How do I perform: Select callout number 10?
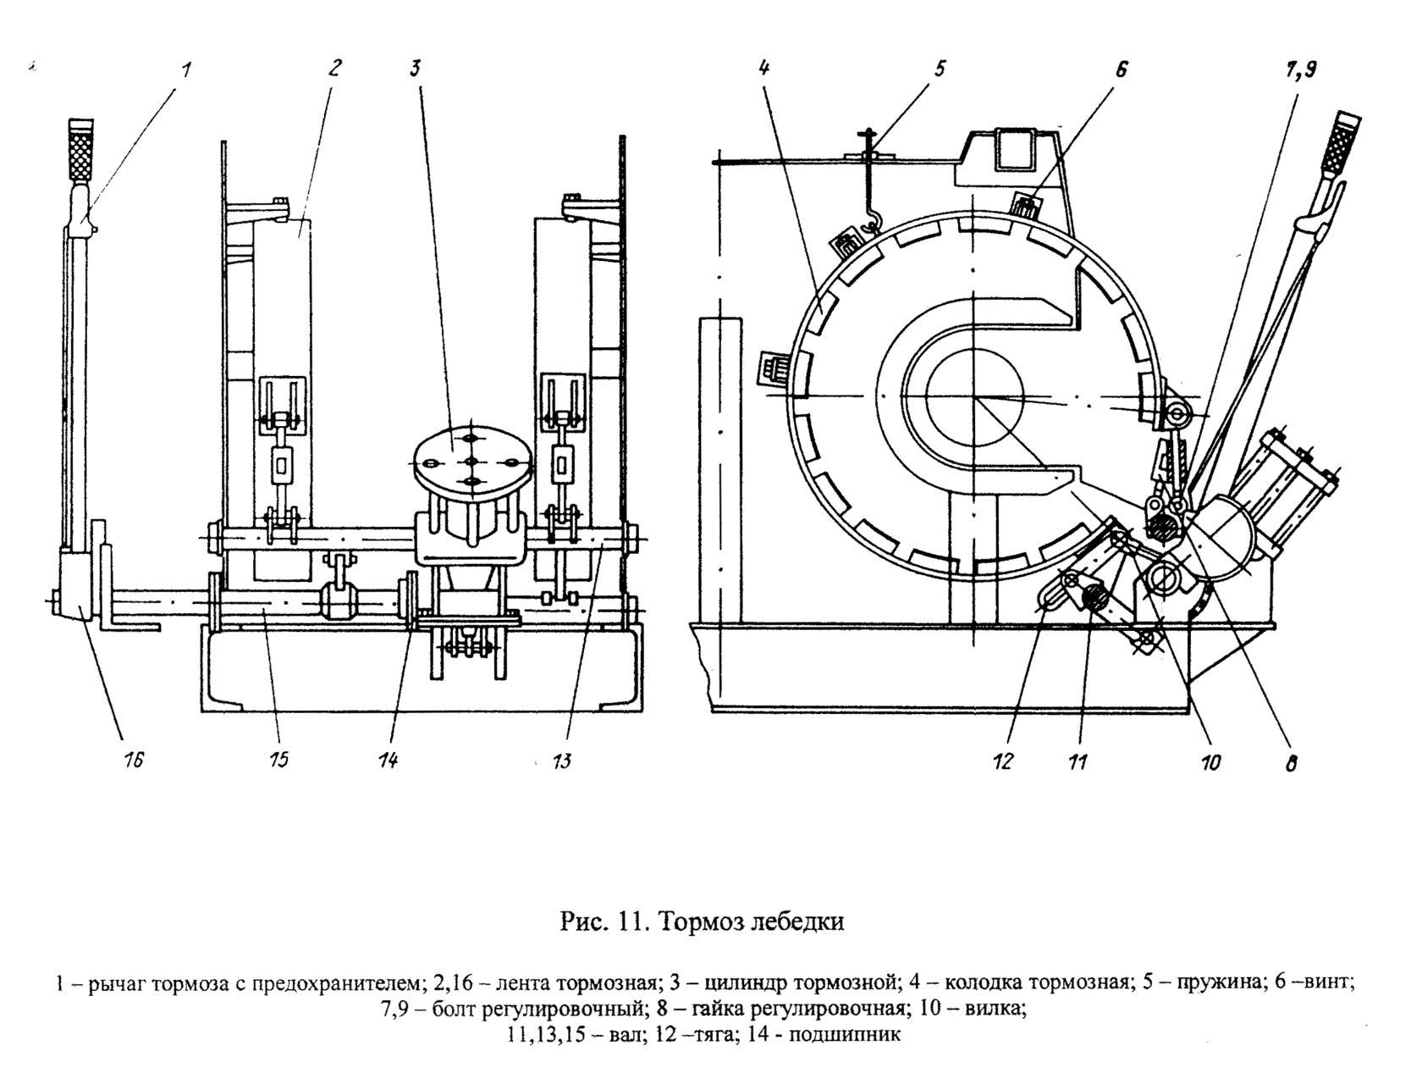click(1210, 763)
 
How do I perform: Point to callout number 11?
click(1077, 763)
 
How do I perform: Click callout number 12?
click(1003, 762)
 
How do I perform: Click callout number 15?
click(278, 761)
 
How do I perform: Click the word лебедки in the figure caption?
click(797, 922)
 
